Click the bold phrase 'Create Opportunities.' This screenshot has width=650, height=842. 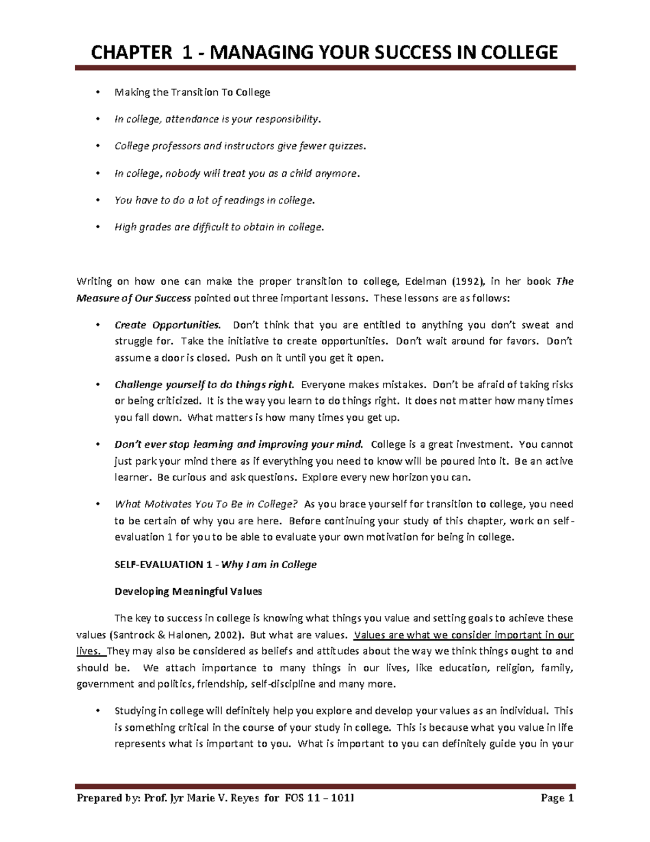pyautogui.click(x=167, y=325)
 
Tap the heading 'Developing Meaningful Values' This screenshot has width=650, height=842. pyautogui.click(x=188, y=591)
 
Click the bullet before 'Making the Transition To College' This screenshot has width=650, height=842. pyautogui.click(x=97, y=92)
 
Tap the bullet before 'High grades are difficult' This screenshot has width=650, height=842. pyautogui.click(x=97, y=228)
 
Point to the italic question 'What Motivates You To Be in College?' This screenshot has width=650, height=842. pyautogui.click(x=206, y=504)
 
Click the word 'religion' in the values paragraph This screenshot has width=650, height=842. pyautogui.click(x=514, y=668)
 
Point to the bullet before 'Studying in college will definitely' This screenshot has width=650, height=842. pyautogui.click(x=97, y=711)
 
